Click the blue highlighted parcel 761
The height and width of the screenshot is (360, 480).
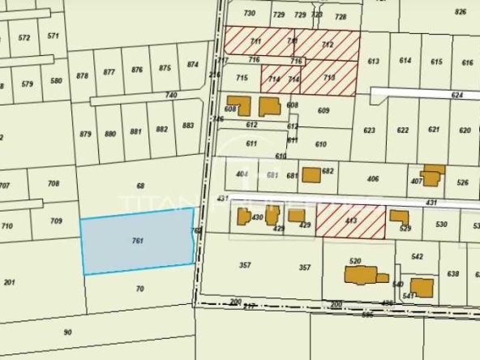tap(138, 241)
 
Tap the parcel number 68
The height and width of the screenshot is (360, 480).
tap(140, 186)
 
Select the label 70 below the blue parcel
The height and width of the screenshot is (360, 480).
tap(140, 289)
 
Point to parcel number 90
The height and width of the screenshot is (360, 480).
tap(67, 332)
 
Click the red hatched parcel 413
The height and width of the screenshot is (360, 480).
tap(351, 220)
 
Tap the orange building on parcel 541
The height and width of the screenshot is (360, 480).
tap(422, 287)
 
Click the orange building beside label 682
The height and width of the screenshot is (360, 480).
tap(311, 174)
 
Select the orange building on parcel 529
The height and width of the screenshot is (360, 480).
tap(399, 217)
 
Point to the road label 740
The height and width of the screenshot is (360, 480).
tap(170, 96)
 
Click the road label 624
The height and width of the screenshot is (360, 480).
tap(457, 95)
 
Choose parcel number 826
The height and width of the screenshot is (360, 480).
tap(461, 12)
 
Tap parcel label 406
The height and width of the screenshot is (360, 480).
tap(373, 178)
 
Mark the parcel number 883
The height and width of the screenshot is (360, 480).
tap(188, 126)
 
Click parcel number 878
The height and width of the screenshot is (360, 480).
tap(82, 75)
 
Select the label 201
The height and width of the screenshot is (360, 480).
tap(10, 282)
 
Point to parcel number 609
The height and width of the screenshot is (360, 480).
tap(323, 111)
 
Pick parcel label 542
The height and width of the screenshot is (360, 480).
tap(417, 256)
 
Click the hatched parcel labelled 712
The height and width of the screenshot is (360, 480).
tap(328, 45)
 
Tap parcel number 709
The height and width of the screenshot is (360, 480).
tap(56, 221)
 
